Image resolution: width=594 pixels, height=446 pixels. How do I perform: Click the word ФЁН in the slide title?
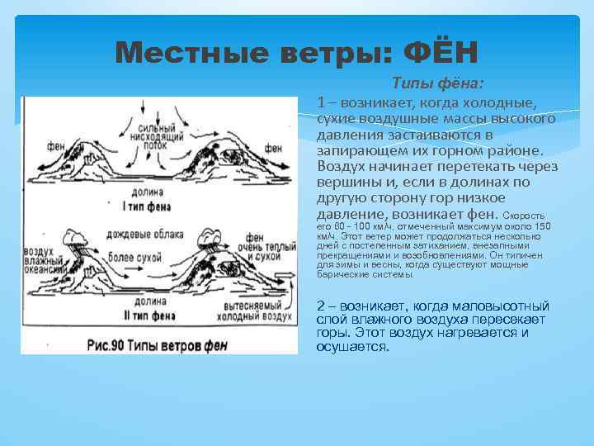point(440,55)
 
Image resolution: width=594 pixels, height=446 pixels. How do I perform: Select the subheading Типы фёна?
point(437,83)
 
